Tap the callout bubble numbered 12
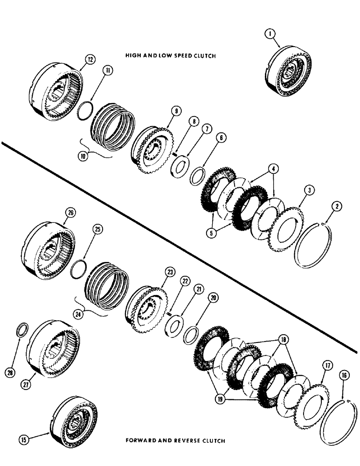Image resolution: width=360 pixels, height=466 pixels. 90,59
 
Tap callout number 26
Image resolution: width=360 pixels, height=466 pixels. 70,214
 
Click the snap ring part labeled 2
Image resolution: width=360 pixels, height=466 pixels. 315,248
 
